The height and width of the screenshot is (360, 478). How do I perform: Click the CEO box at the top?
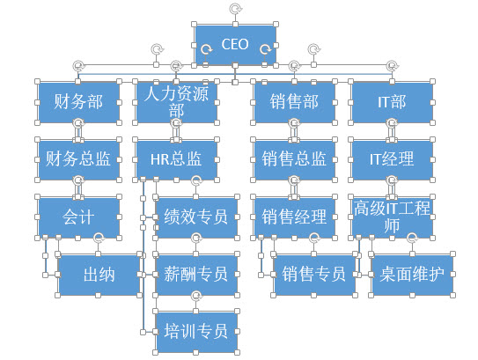coord(235,45)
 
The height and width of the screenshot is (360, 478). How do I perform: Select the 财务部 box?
coord(78,102)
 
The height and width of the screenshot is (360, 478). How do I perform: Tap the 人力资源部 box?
coord(176,102)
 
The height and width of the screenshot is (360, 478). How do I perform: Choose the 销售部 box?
coord(294,102)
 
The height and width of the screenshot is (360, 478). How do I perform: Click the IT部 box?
coord(392,102)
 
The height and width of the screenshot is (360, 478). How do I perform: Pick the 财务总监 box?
coord(78,159)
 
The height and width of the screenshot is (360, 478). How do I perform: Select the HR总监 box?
coord(176,159)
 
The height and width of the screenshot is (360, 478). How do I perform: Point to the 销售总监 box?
coord(294,159)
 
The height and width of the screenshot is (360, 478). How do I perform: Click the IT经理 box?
coord(392,159)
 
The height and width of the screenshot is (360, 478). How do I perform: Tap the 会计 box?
coord(78,217)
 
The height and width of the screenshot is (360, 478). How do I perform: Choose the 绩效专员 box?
coord(196,217)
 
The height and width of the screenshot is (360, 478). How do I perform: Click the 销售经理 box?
coord(294,217)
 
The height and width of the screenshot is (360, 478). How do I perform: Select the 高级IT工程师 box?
coord(392,217)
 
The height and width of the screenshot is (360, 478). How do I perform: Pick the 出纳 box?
coord(99,275)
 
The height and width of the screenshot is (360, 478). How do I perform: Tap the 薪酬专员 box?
coord(196,275)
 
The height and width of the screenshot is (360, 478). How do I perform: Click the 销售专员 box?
coord(314,275)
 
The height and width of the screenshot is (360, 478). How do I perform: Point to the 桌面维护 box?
coord(412,275)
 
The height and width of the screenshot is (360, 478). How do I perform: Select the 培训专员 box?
coord(196,332)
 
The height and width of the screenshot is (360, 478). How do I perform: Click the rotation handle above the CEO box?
coord(235,9)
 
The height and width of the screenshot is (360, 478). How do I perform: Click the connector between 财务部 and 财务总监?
coord(78,131)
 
